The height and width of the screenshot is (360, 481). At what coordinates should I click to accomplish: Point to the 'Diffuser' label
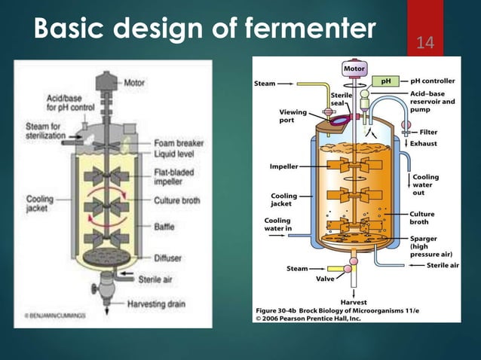tap(169, 258)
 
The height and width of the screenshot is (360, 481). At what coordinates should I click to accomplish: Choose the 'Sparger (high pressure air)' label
tap(427, 246)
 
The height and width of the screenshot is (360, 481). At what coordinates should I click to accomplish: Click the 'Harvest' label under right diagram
tap(354, 302)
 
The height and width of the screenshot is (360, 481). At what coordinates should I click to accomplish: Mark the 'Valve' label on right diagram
tap(326, 278)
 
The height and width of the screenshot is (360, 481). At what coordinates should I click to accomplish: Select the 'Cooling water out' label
tap(427, 185)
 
